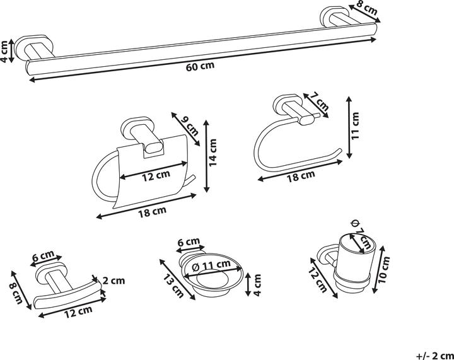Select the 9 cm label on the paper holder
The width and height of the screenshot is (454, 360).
[x=191, y=125]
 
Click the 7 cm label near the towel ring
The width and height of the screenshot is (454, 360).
[x=320, y=102]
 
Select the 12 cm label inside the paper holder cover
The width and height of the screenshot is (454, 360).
[x=156, y=177]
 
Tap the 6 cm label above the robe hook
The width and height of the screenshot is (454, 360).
[x=44, y=257]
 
